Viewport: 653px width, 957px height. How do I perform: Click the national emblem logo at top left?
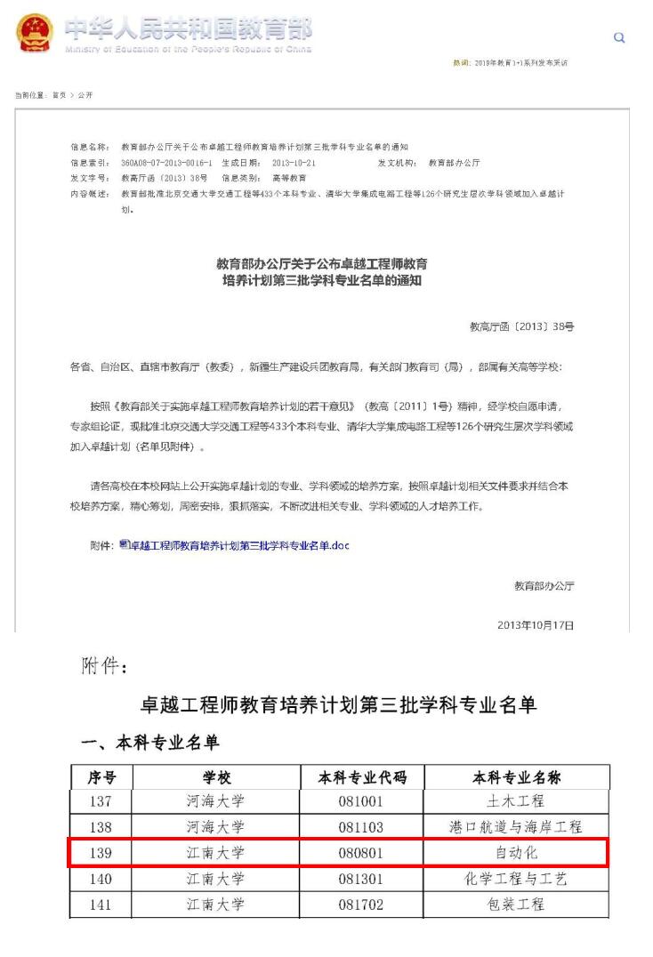(35, 35)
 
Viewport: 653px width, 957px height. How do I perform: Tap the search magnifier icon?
(620, 37)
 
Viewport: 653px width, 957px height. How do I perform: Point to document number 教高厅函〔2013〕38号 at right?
(521, 327)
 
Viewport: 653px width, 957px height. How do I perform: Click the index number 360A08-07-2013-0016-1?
(166, 164)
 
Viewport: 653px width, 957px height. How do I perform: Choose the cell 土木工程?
(516, 801)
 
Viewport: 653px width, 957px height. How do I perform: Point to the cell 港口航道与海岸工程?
(516, 827)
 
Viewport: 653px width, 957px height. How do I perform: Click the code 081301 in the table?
(361, 879)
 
